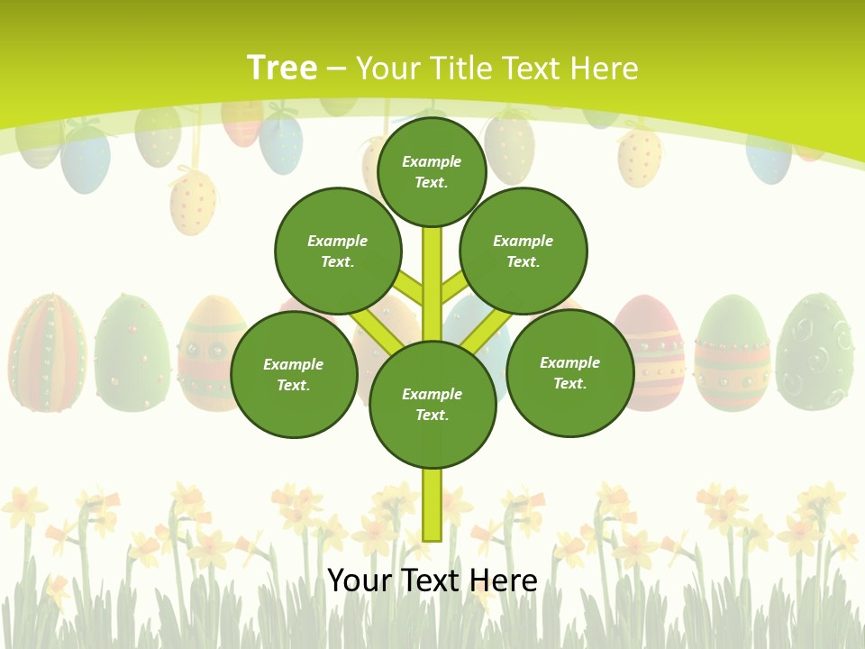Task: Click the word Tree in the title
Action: (282, 68)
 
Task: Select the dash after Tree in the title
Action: (336, 69)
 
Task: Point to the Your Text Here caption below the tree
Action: (432, 580)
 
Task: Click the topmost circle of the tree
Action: (432, 171)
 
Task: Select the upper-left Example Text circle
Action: (338, 251)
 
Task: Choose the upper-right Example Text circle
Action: (524, 251)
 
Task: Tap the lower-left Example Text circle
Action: (294, 374)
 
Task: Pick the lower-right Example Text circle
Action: (570, 372)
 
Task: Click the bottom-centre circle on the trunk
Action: (432, 404)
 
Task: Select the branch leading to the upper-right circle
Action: (452, 288)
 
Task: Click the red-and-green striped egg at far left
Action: (47, 353)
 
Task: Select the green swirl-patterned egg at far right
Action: (815, 352)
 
